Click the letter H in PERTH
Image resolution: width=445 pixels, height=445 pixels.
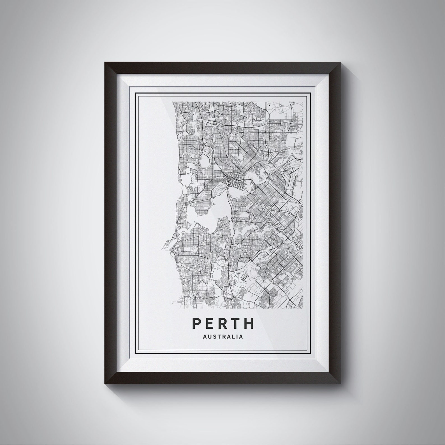[249, 323]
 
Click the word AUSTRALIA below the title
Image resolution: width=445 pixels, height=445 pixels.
[222, 337]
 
